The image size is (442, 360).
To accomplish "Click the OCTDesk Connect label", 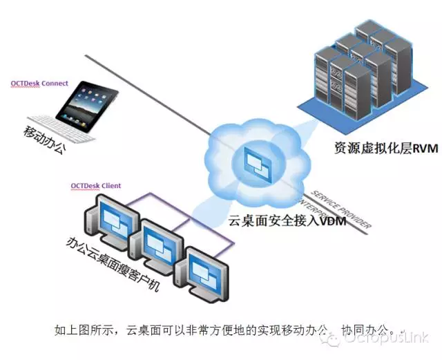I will coord(39,84).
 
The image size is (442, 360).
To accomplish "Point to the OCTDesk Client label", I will coord(95,186).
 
